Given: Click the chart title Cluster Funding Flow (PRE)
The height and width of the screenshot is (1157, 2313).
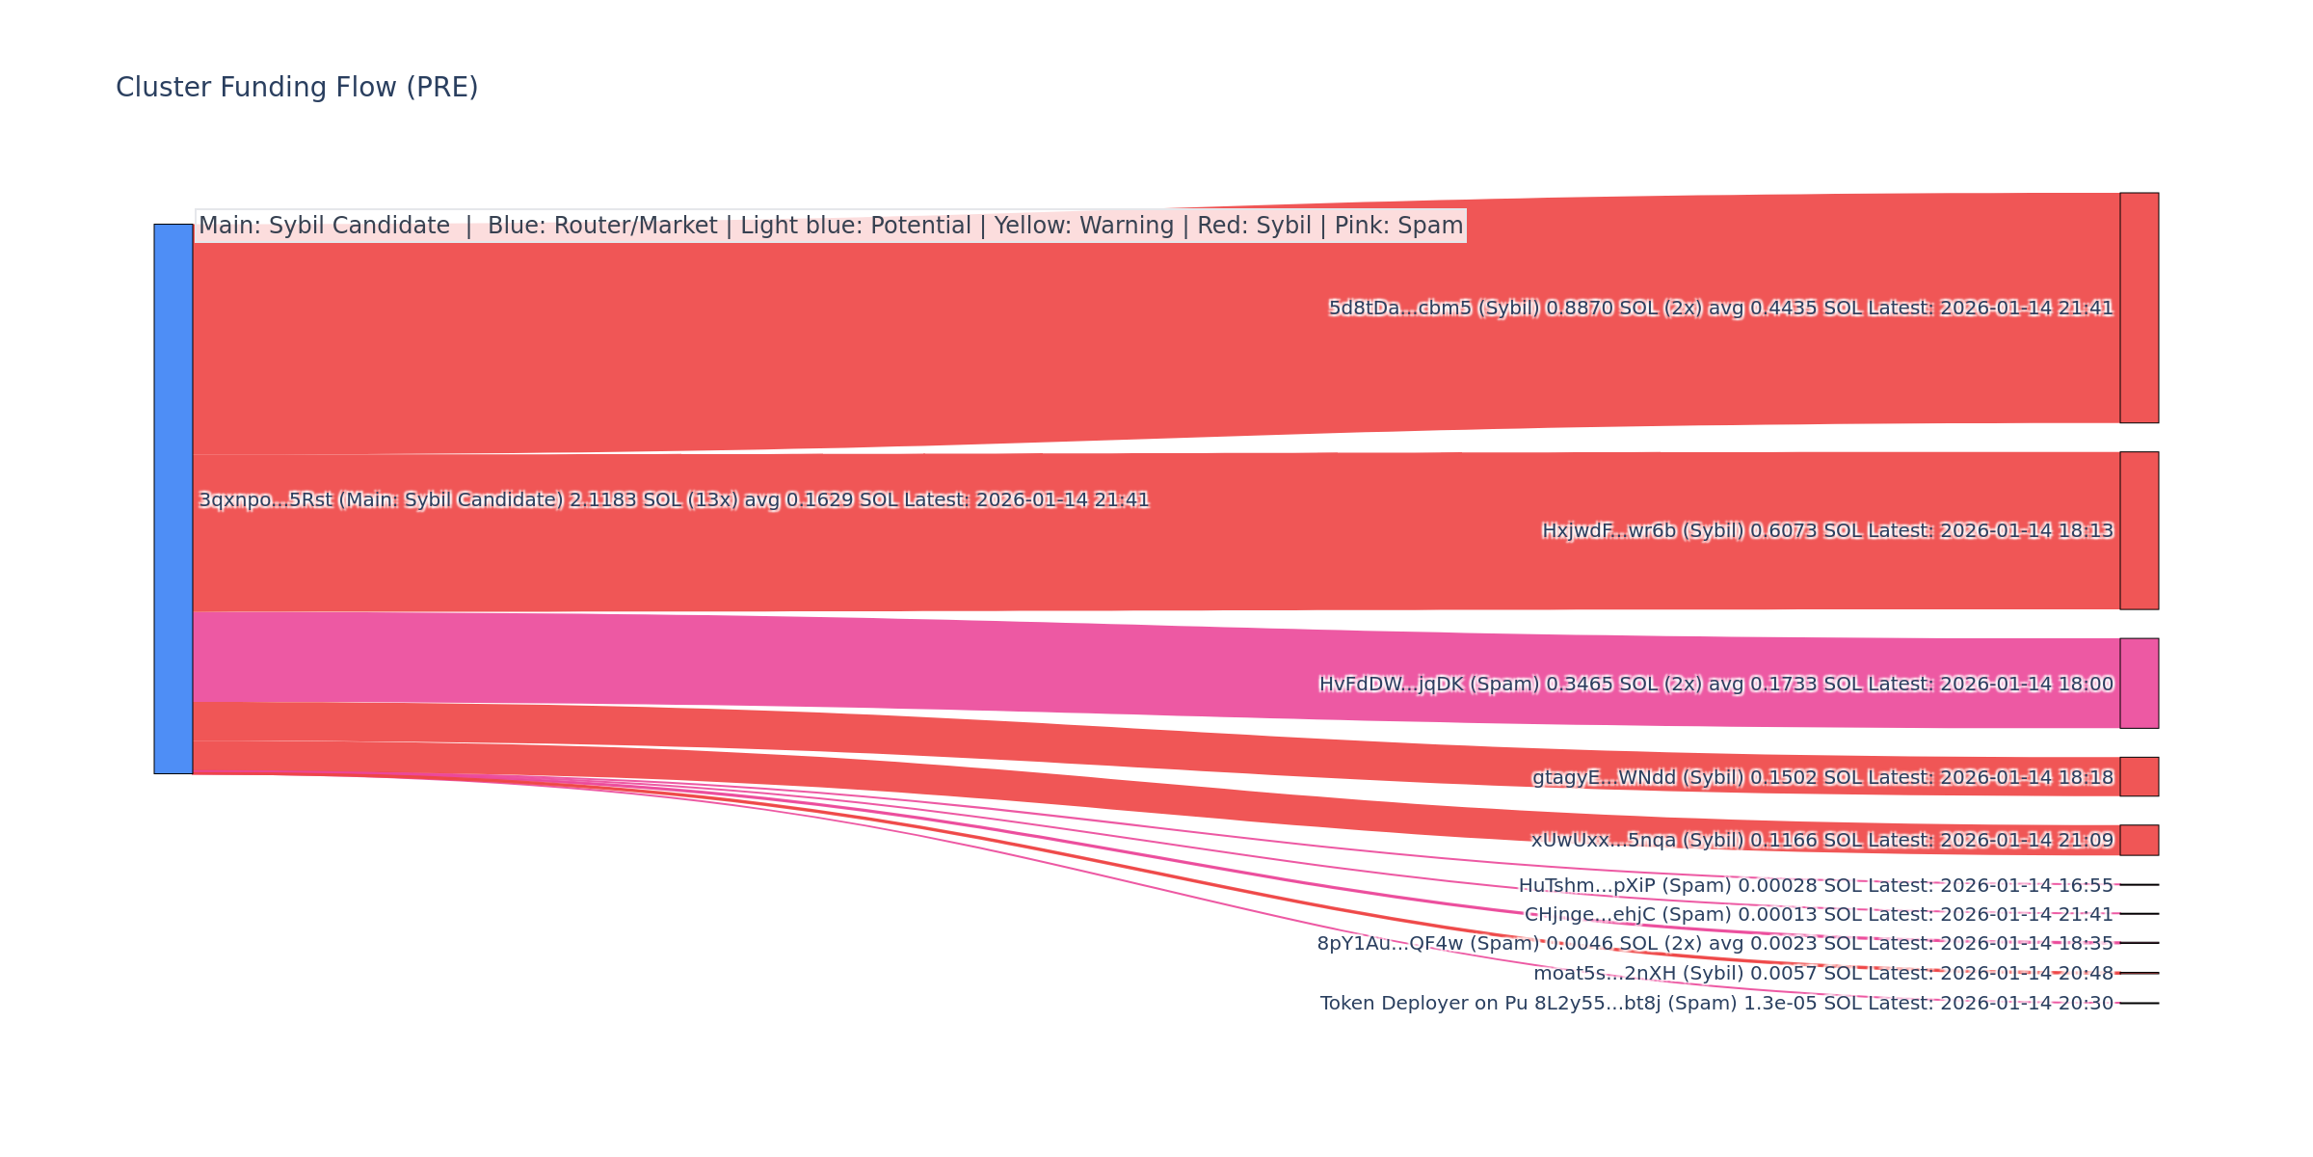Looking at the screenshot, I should tap(297, 88).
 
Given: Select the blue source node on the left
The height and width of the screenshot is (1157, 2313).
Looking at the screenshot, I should tap(173, 498).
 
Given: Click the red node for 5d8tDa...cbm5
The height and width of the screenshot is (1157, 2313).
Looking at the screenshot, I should tap(2139, 308).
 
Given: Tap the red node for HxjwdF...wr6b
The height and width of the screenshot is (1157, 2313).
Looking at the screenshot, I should tap(2139, 530).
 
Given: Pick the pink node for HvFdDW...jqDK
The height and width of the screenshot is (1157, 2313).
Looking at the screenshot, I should tap(2139, 684).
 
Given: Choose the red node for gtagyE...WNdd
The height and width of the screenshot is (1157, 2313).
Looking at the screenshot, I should tap(2139, 777).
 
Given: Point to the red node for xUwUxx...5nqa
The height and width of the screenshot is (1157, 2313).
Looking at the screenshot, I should tap(2139, 840).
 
